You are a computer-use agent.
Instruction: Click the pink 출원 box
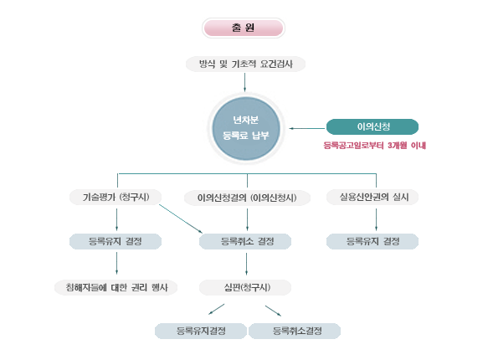pyautogui.click(x=244, y=28)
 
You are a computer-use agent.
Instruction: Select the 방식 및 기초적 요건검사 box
pyautogui.click(x=245, y=64)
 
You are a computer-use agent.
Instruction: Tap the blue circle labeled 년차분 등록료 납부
pyautogui.click(x=246, y=128)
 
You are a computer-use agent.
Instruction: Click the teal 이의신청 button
pyautogui.click(x=372, y=126)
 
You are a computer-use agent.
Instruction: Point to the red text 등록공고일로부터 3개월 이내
pyautogui.click(x=375, y=146)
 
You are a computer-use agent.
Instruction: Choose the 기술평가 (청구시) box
pyautogui.click(x=116, y=197)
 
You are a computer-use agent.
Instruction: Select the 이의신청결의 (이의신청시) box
pyautogui.click(x=247, y=198)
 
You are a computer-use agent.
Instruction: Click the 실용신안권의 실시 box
pyautogui.click(x=372, y=197)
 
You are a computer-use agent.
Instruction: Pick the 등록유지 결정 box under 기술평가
pyautogui.click(x=116, y=241)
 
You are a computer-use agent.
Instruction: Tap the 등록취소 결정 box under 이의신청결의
pyautogui.click(x=245, y=241)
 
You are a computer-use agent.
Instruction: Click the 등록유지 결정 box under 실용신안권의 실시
pyautogui.click(x=372, y=241)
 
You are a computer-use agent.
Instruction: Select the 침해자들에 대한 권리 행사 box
pyautogui.click(x=116, y=287)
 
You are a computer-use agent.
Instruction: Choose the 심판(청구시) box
pyautogui.click(x=245, y=287)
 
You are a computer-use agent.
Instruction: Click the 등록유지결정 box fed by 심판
pyautogui.click(x=201, y=331)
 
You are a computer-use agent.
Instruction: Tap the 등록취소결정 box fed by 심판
pyautogui.click(x=295, y=331)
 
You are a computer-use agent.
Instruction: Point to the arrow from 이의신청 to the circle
pyautogui.click(x=307, y=128)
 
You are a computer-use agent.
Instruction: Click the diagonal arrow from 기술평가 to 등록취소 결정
pyautogui.click(x=181, y=219)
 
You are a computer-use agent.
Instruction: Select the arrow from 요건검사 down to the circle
pyautogui.click(x=244, y=82)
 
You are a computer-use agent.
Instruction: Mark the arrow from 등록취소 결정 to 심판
pyautogui.click(x=246, y=264)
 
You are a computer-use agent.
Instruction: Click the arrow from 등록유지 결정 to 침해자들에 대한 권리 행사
pyautogui.click(x=116, y=263)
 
